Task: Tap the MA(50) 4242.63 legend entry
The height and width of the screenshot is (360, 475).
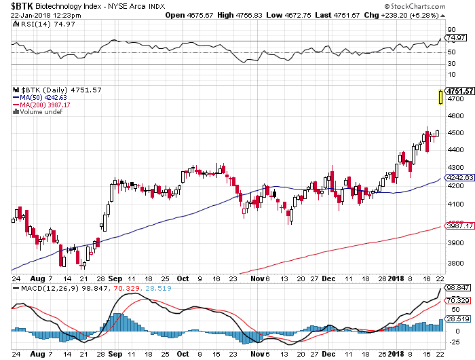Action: (43, 97)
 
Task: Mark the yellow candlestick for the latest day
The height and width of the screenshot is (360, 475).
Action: (442, 98)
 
